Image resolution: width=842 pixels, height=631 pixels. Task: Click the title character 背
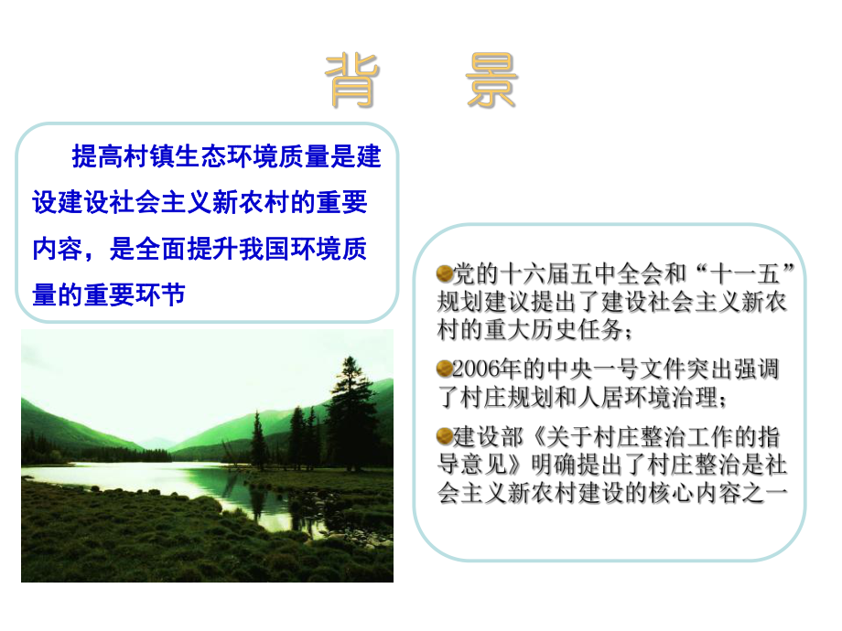coord(352,80)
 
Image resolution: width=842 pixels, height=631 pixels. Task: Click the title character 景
coord(491,80)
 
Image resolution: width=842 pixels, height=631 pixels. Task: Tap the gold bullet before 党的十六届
coord(446,273)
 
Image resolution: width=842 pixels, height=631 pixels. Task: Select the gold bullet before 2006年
coord(446,369)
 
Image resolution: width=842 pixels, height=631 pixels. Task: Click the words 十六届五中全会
coord(567,273)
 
